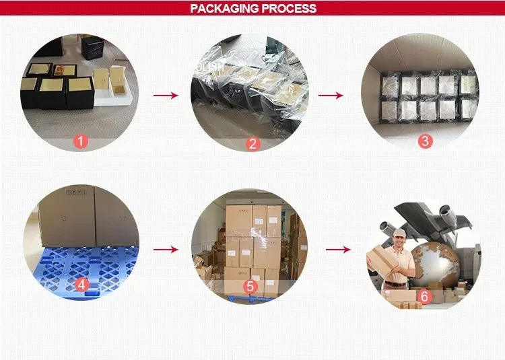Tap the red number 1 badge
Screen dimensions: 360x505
tap(81, 142)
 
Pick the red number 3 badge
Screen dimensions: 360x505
tap(425, 141)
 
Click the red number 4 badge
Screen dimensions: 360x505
tap(82, 285)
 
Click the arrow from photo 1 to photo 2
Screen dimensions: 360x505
tap(166, 96)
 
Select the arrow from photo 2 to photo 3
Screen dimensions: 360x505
tap(330, 96)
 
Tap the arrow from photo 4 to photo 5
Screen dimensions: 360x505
tap(166, 250)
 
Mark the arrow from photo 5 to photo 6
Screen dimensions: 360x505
tap(339, 250)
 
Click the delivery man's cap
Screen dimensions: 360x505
tap(400, 232)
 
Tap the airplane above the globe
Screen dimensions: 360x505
tap(431, 215)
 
